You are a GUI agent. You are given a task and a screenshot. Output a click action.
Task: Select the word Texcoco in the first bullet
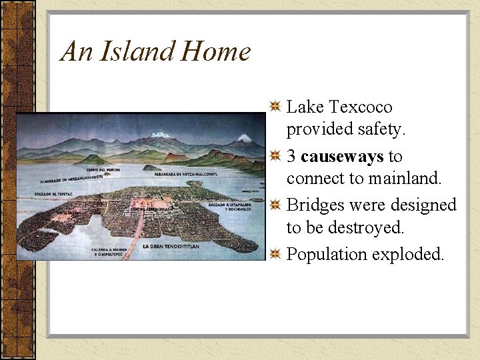360,107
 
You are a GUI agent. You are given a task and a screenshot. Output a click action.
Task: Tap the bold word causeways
342,157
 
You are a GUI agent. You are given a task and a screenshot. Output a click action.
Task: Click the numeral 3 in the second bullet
291,157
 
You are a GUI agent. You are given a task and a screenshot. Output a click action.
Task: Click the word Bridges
315,205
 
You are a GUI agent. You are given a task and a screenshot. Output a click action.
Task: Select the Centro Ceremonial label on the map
151,209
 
